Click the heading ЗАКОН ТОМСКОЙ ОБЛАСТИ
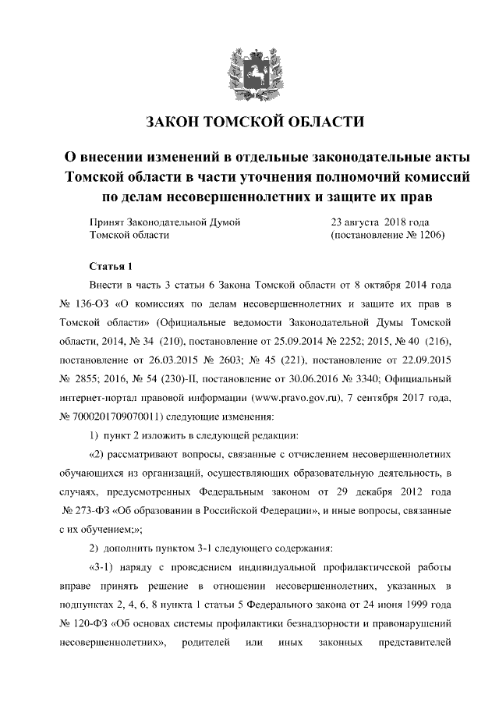click(249, 122)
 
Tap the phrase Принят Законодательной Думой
click(165, 222)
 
